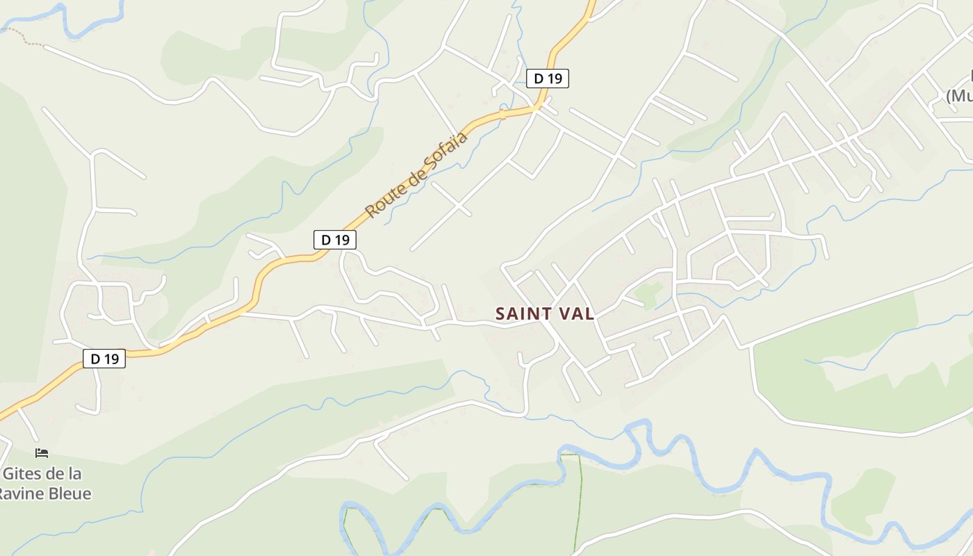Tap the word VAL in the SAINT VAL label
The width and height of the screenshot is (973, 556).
[575, 313]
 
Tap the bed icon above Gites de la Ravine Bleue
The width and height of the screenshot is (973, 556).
[42, 453]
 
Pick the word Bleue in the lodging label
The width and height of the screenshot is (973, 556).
[69, 493]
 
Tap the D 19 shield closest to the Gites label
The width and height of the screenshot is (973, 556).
[104, 359]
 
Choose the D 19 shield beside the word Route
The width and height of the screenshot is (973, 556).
[335, 240]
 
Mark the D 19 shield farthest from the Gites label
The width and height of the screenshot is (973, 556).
[548, 79]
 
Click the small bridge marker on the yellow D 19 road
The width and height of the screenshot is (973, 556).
[502, 113]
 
